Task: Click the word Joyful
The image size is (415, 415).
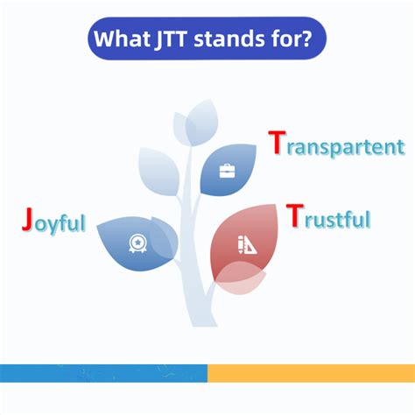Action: pos(54,221)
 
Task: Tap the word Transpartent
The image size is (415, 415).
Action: pos(337,144)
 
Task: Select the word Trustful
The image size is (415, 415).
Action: pos(328,216)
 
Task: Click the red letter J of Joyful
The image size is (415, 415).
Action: pos(27,219)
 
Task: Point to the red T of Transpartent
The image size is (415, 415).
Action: pos(277,142)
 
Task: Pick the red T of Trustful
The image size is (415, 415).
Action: pos(295,215)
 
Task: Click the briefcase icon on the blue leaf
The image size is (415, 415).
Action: pos(227,171)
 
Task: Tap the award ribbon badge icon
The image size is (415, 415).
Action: pos(137,243)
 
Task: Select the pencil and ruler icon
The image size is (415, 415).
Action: pos(247,244)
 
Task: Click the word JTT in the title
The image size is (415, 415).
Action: pos(171,39)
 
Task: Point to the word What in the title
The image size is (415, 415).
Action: pos(122,39)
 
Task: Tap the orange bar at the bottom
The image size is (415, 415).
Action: pos(311,373)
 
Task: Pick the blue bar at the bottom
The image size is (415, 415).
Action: pos(103,373)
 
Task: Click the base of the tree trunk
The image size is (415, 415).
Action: pos(204,322)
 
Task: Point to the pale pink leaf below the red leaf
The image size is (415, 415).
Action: pos(241,278)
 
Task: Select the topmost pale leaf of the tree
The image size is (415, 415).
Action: pos(202,123)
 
